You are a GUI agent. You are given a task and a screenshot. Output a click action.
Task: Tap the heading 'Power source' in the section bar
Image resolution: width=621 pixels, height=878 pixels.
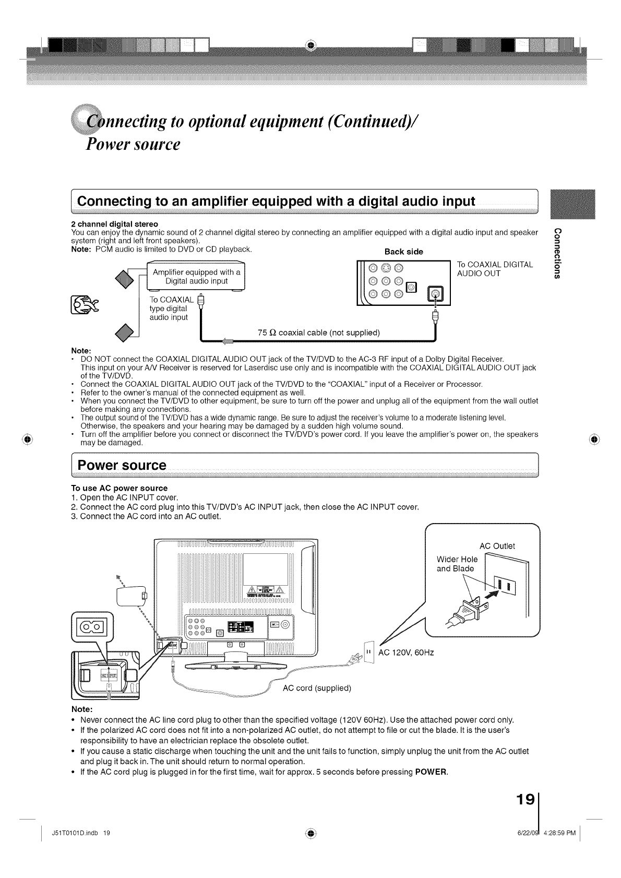coord(122,465)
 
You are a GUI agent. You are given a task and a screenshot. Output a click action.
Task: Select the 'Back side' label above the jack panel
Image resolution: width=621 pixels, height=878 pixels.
coord(403,252)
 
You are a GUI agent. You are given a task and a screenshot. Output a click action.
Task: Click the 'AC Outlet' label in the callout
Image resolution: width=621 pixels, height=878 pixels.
coord(497,546)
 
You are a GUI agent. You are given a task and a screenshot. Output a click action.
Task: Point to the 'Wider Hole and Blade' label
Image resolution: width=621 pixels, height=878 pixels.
coord(457,564)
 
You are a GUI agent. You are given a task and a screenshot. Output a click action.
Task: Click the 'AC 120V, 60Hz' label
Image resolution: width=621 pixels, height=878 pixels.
coord(407,653)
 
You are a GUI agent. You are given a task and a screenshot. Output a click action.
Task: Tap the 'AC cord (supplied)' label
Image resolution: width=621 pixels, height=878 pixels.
coord(317,687)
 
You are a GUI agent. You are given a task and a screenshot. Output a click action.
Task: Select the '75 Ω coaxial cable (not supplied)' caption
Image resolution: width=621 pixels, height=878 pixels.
coord(319,333)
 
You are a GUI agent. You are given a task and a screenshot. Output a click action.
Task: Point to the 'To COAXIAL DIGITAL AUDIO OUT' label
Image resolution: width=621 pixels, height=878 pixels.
coord(494,269)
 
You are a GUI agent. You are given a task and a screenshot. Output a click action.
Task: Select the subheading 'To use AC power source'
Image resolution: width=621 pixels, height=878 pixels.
coord(115,488)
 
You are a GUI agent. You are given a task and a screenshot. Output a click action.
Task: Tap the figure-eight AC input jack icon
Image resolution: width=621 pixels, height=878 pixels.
coord(91,625)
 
